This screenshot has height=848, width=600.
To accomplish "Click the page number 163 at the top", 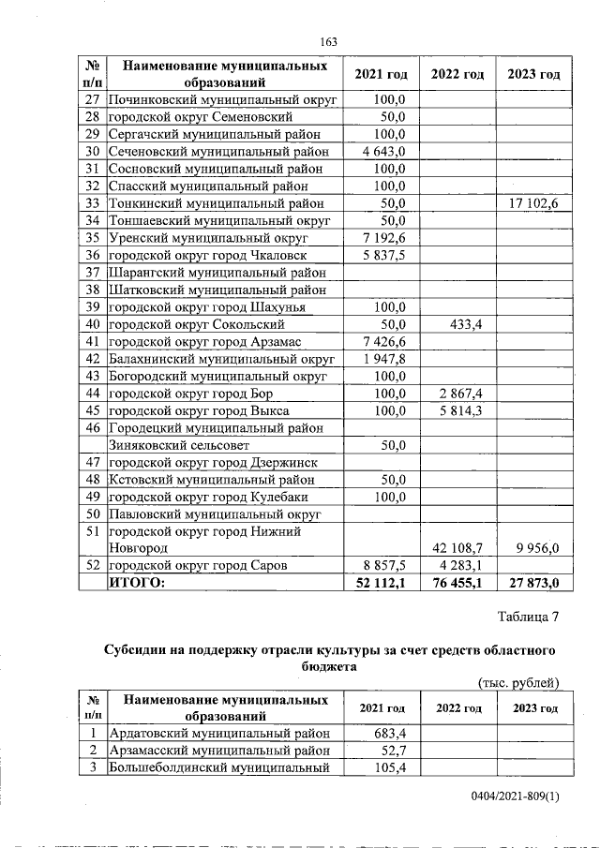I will (328, 41).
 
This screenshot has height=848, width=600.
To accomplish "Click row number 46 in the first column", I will (93, 428).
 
